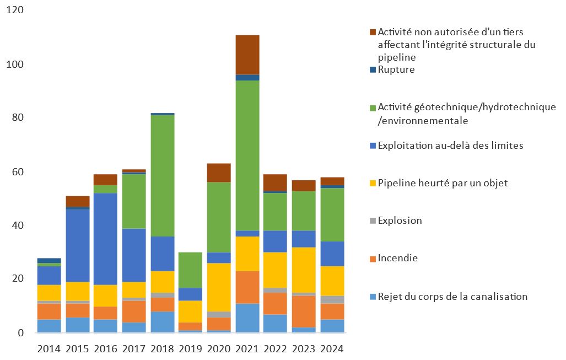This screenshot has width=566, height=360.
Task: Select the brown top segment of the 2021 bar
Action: (247, 55)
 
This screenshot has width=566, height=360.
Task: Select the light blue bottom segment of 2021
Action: (247, 318)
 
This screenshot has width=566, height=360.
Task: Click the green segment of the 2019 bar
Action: (191, 270)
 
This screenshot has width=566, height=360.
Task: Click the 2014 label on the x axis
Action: (50, 349)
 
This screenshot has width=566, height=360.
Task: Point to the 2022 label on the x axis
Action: (276, 349)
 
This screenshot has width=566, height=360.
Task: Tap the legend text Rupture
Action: (396, 70)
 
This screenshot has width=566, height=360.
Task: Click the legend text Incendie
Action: (398, 258)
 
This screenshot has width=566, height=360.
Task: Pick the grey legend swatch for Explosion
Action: (373, 221)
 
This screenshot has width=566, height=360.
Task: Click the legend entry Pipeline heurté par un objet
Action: (443, 183)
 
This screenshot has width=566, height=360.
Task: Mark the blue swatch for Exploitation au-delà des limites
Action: (373, 146)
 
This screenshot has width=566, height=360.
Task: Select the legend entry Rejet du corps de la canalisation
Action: (452, 297)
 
